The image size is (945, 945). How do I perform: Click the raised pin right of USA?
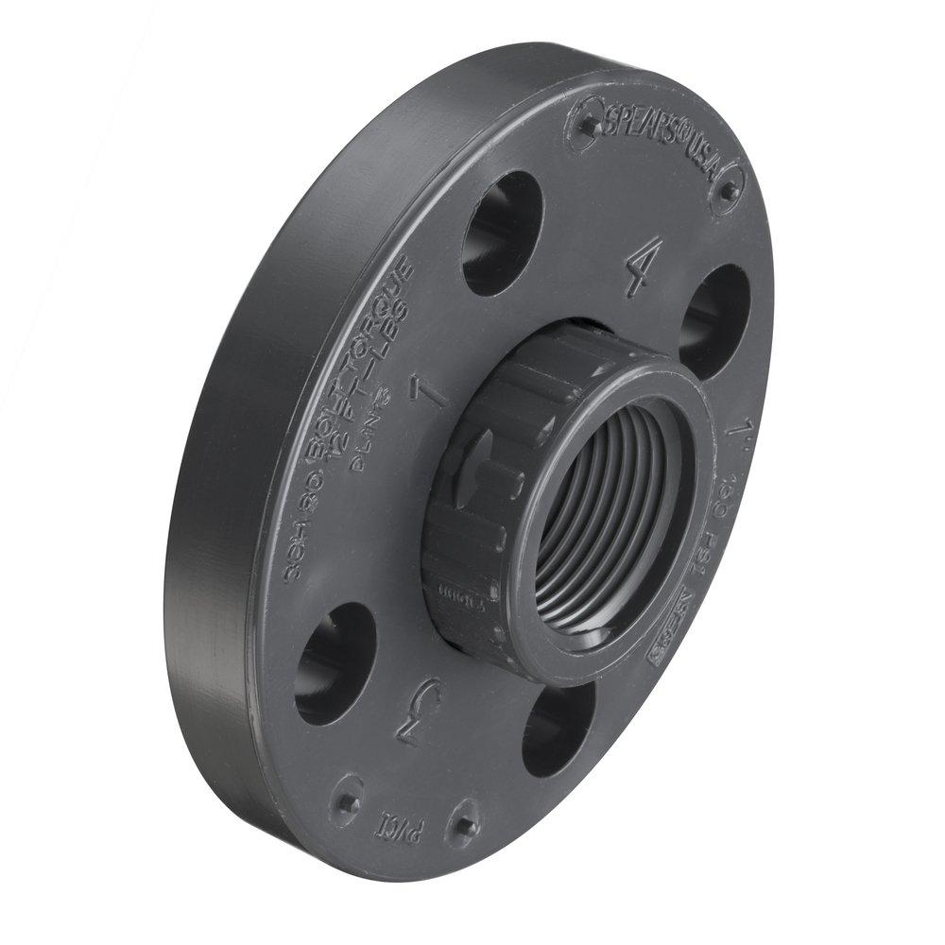click(729, 193)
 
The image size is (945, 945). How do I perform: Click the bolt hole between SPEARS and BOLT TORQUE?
click(501, 232)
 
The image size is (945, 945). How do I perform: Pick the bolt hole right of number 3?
click(558, 727)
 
